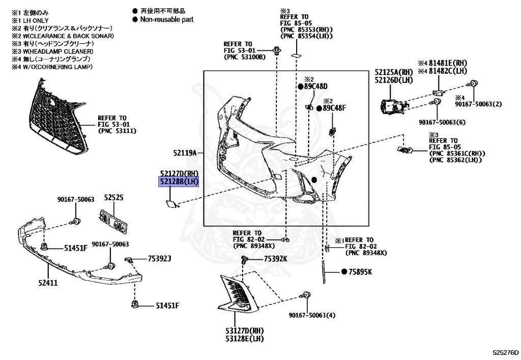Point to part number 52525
[x=114, y=198]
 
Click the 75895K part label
[x=360, y=272]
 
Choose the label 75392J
[x=159, y=259]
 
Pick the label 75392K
[x=275, y=259]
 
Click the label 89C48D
[x=316, y=87]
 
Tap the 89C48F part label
[x=334, y=108]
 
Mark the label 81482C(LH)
[x=447, y=71]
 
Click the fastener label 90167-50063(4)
[x=312, y=316]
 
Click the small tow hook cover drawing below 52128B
[x=168, y=204]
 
